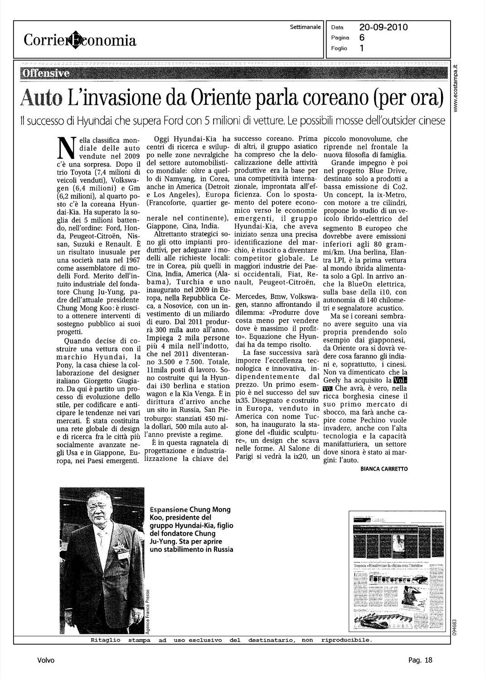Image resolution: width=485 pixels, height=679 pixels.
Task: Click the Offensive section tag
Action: click(x=44, y=73)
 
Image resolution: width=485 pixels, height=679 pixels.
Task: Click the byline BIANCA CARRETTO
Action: click(x=384, y=469)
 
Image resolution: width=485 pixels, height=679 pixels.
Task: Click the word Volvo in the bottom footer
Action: click(x=46, y=660)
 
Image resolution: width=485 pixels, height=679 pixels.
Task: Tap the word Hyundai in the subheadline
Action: click(x=94, y=121)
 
